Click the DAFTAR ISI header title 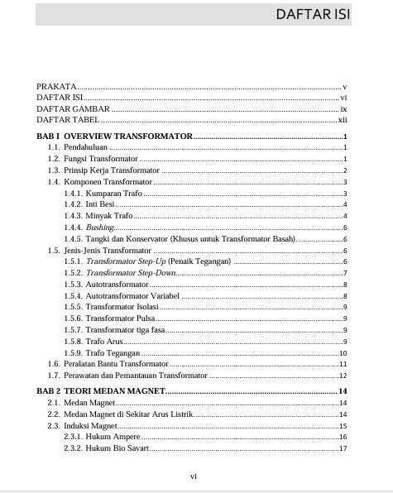[311, 14]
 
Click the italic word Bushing [99, 227]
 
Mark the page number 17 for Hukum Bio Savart [343, 449]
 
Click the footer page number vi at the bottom [193, 476]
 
